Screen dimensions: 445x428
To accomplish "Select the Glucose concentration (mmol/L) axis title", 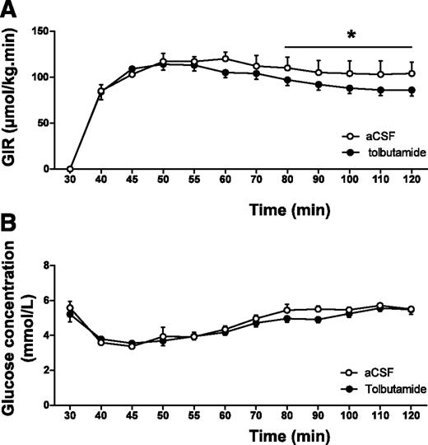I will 17,334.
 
